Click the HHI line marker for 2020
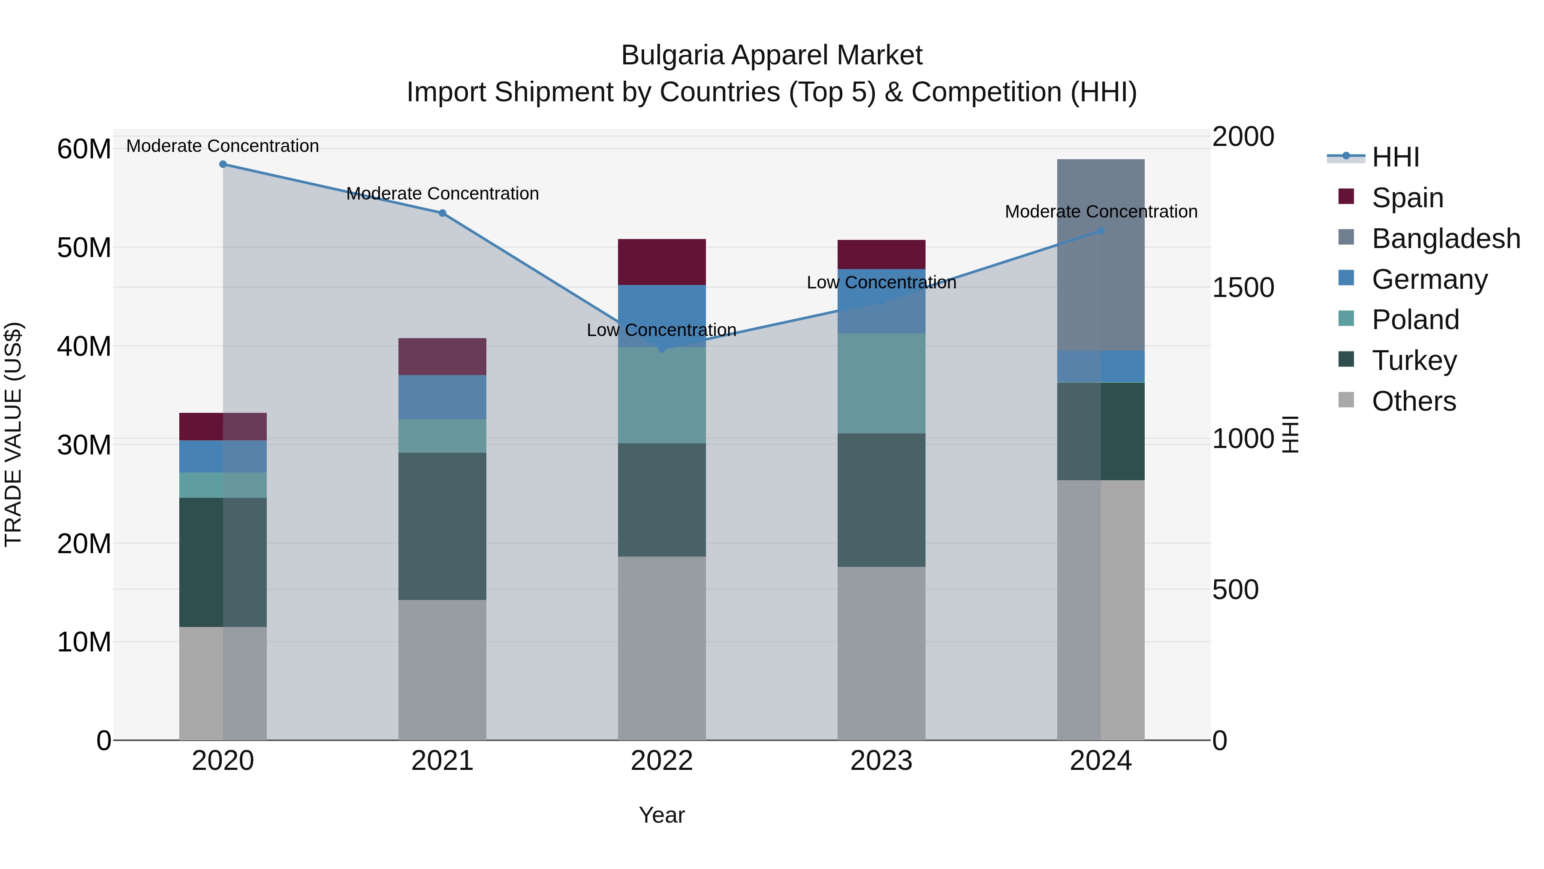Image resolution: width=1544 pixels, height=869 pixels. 223,164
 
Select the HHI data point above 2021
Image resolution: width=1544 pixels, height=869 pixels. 442,213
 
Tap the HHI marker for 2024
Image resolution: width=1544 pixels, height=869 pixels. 1101,231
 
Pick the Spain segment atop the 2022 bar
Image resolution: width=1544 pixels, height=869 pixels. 662,262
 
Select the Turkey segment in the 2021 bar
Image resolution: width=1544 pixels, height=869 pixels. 442,526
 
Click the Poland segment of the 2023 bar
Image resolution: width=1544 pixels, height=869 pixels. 881,383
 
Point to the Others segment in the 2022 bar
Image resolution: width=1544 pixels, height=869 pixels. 662,648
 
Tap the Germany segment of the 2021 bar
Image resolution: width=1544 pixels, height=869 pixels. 442,397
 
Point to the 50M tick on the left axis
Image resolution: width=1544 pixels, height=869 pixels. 84,248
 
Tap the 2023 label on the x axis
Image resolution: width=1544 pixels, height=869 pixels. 881,761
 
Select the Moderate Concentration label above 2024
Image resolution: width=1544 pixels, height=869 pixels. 1101,212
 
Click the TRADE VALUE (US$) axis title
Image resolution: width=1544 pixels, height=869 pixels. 14,434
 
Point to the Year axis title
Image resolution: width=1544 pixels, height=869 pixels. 662,815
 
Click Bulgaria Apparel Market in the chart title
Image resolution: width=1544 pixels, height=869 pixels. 772,55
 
